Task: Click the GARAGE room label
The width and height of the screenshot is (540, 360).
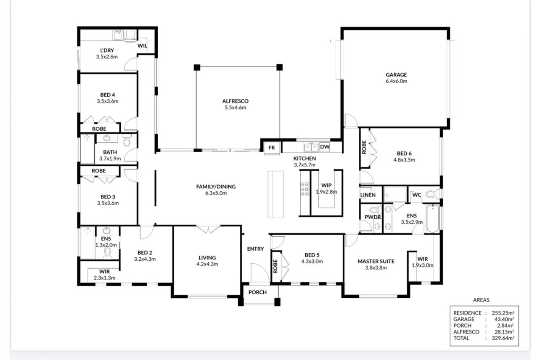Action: [x=396, y=75]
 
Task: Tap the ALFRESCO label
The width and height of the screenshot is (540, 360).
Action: [x=235, y=101]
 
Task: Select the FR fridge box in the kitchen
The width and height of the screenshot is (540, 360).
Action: [x=271, y=148]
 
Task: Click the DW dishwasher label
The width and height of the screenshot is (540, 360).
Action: [x=325, y=147]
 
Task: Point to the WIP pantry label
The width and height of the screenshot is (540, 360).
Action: [x=326, y=185]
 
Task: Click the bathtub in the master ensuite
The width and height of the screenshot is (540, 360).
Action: [x=433, y=218]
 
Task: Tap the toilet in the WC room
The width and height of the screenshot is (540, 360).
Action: [x=431, y=194]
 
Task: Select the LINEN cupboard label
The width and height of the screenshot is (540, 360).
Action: [x=368, y=195]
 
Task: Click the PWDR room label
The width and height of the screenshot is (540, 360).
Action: [x=373, y=217]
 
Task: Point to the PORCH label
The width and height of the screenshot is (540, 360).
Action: [x=257, y=292]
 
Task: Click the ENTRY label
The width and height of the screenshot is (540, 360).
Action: [x=255, y=249]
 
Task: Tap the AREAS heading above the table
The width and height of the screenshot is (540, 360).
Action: [x=481, y=300]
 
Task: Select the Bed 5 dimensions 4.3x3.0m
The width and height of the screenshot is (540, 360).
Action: [x=312, y=262]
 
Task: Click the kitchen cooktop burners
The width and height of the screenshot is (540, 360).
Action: [x=305, y=189]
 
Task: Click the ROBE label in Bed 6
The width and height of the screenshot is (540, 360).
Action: [x=364, y=147]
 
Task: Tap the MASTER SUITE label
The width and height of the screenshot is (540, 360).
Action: [x=376, y=262]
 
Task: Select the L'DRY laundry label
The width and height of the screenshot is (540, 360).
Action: [x=107, y=50]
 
